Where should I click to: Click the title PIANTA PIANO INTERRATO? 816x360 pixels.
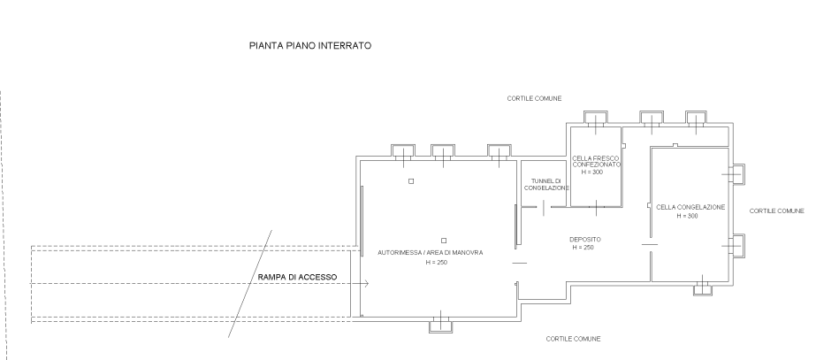pos(309,44)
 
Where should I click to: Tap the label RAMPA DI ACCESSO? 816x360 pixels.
pos(297,279)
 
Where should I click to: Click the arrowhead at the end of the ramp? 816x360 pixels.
pos(364,283)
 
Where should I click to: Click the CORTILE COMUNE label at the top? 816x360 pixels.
pos(535,98)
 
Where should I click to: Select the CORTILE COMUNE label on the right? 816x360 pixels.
pos(777,211)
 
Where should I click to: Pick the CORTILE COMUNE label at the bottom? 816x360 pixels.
pos(574,339)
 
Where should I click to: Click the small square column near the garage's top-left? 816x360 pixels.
pos(411,180)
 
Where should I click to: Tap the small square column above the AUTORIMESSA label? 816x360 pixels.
pos(443,240)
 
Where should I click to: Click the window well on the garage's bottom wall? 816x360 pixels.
pos(439,326)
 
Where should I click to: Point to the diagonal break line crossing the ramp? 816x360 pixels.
pos(251,283)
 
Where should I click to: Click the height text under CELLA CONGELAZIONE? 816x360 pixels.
pos(687,216)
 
